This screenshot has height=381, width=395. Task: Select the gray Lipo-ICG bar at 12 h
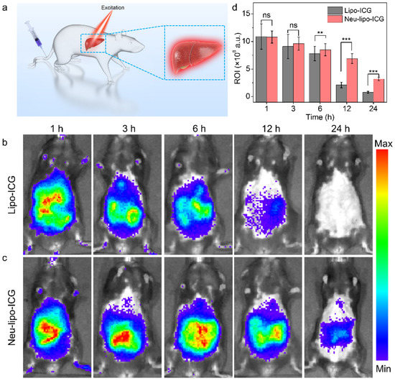(x=332, y=91)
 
